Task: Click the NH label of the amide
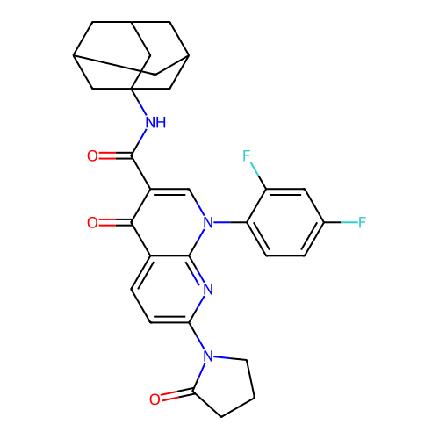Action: (x=155, y=122)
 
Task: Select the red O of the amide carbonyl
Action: (x=92, y=155)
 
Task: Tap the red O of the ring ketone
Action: (x=92, y=223)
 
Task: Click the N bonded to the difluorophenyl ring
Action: (x=208, y=223)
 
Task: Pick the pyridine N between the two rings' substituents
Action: (x=208, y=290)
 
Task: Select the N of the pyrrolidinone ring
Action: (x=208, y=356)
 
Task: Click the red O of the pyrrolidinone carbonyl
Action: (x=155, y=399)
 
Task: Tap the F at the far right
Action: (x=362, y=222)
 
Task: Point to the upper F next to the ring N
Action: (x=247, y=155)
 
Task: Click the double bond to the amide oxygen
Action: (x=115, y=155)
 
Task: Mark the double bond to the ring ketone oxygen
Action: (x=115, y=223)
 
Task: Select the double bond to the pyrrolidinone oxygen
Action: (x=177, y=394)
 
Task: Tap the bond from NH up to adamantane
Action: (x=139, y=102)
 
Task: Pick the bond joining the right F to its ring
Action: (x=341, y=222)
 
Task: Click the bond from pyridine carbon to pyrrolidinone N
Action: (x=197, y=336)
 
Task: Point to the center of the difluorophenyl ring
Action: (x=285, y=222)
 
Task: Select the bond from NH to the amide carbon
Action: (x=139, y=142)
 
